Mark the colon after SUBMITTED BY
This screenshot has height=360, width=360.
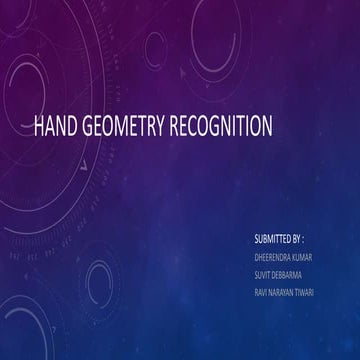point(304,241)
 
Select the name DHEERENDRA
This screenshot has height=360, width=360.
point(275,257)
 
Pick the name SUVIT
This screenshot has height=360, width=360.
point(263,273)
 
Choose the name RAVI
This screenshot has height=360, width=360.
point(262,290)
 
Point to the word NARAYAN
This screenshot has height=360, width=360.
point(286,290)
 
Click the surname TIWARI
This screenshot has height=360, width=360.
point(316,290)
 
